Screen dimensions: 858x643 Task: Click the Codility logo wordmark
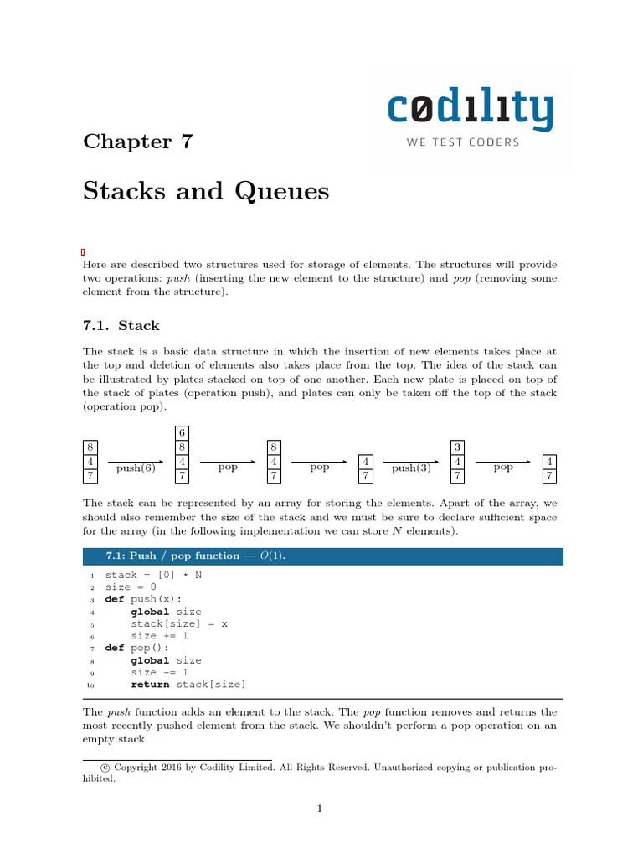pyautogui.click(x=470, y=111)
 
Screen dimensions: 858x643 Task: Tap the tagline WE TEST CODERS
pyautogui.click(x=463, y=142)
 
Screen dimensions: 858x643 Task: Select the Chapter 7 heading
pyautogui.click(x=138, y=141)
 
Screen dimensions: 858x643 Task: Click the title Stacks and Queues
pyautogui.click(x=206, y=192)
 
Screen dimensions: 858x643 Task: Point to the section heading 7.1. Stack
pyautogui.click(x=121, y=325)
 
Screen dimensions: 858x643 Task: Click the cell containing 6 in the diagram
pyautogui.click(x=182, y=433)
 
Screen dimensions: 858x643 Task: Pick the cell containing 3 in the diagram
pyautogui.click(x=457, y=447)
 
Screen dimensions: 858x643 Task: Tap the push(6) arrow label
pyautogui.click(x=136, y=468)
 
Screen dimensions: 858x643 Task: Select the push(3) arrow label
pyautogui.click(x=411, y=468)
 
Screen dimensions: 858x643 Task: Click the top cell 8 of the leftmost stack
pyautogui.click(x=90, y=447)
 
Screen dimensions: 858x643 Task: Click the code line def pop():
pyautogui.click(x=138, y=648)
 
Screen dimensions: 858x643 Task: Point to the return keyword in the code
pyautogui.click(x=150, y=685)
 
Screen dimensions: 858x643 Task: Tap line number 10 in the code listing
pyautogui.click(x=90, y=685)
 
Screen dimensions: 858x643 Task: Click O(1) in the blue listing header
pyautogui.click(x=273, y=556)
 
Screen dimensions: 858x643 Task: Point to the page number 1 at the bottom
pyautogui.click(x=320, y=809)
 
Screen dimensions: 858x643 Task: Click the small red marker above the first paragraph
pyautogui.click(x=84, y=252)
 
